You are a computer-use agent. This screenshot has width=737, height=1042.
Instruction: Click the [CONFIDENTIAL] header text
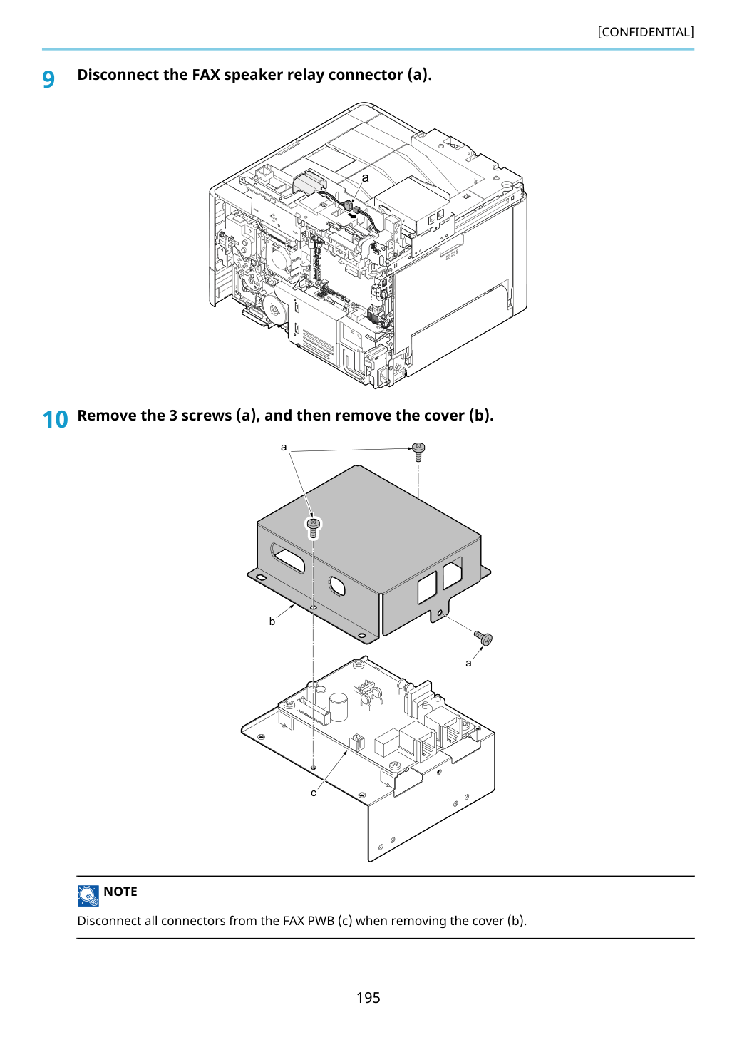click(645, 32)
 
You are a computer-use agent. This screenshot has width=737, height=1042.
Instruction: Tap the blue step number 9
click(48, 79)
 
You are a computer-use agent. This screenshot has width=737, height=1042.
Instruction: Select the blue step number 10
click(55, 420)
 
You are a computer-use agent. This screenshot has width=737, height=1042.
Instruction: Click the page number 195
click(368, 997)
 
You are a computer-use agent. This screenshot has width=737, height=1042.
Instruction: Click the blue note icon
click(88, 896)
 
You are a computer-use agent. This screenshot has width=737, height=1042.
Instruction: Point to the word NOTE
click(120, 892)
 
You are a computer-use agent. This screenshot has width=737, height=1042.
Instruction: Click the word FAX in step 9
click(206, 74)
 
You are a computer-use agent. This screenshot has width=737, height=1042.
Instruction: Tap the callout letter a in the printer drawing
click(365, 177)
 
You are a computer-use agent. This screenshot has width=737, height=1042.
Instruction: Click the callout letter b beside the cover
click(272, 621)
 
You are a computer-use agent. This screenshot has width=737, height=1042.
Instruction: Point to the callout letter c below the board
click(314, 793)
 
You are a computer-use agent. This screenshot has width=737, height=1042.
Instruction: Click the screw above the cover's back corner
click(418, 451)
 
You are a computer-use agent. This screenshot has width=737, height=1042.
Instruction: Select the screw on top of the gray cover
click(313, 527)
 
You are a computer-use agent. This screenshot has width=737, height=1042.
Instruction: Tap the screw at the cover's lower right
click(483, 637)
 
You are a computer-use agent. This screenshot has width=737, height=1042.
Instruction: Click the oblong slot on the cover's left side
click(287, 557)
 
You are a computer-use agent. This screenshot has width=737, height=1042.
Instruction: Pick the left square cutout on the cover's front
click(427, 587)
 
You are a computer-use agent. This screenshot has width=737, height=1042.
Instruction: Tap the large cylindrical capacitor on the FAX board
click(339, 708)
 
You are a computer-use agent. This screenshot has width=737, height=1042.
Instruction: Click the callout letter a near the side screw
click(468, 664)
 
